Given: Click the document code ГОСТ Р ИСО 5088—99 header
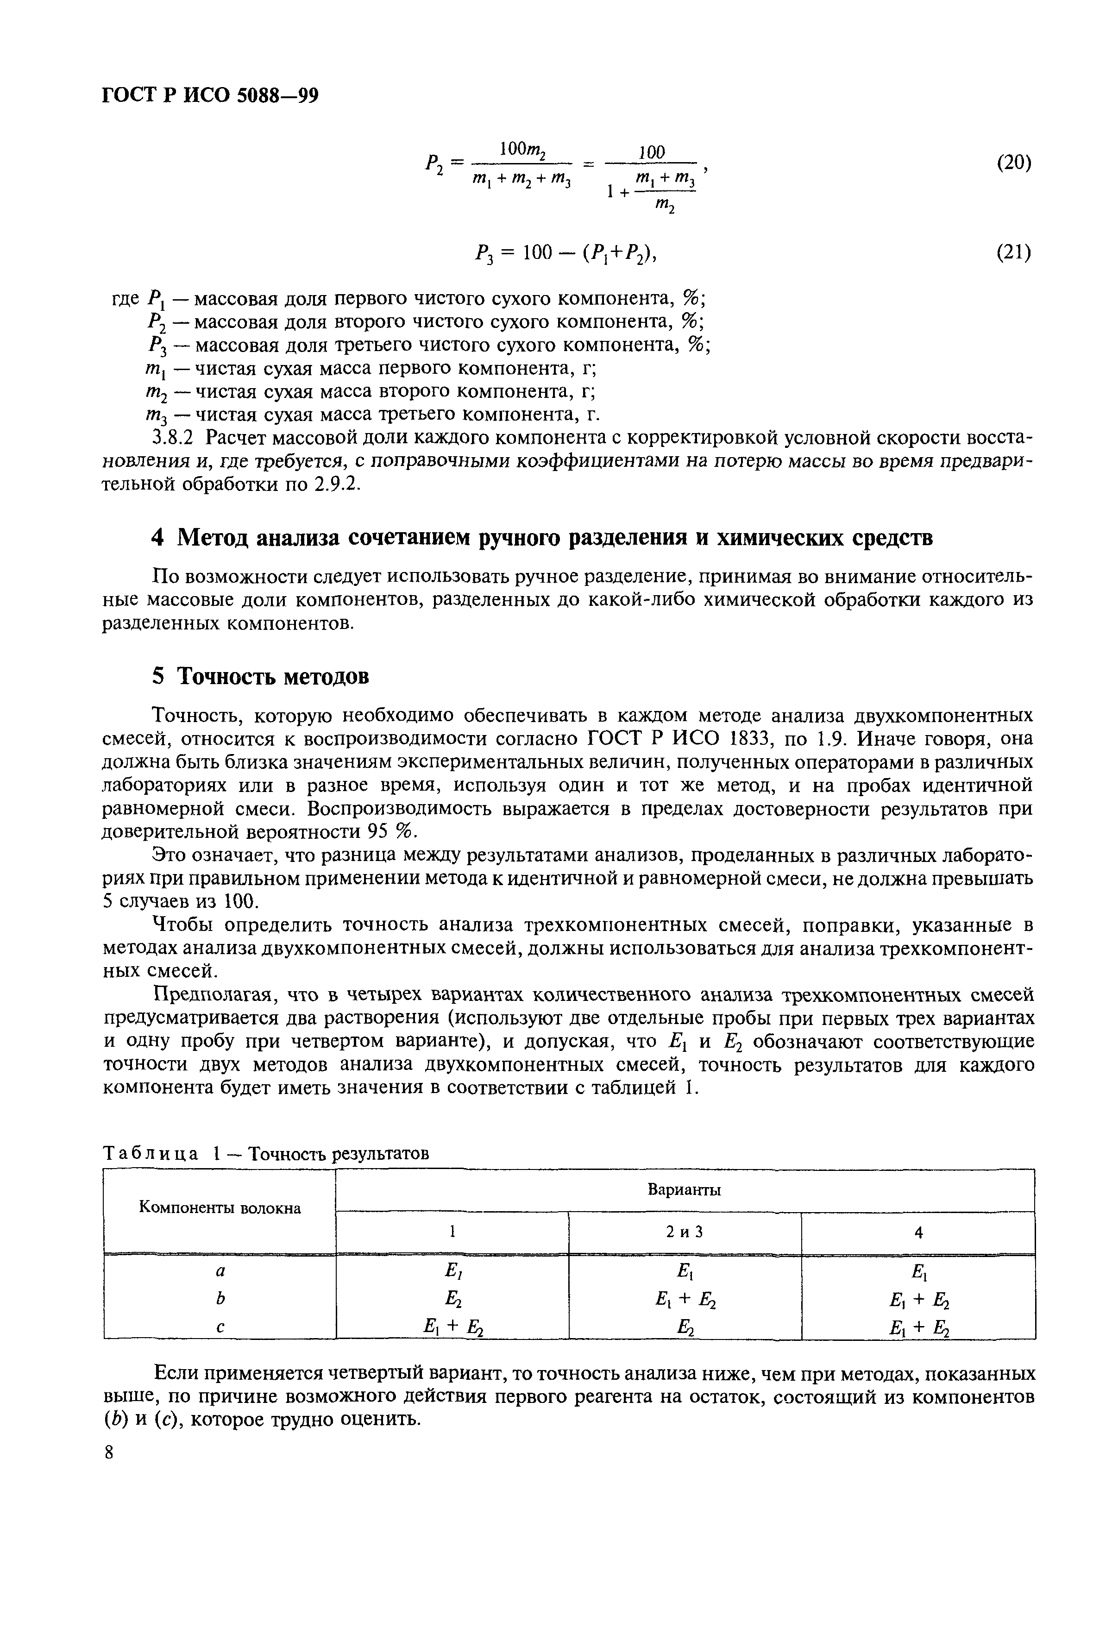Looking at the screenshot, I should (210, 94).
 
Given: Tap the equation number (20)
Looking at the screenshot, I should (1013, 163).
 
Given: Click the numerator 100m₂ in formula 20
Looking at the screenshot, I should (524, 149).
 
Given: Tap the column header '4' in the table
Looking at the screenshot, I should (918, 1233).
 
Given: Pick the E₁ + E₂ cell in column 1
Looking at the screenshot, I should (452, 1327).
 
